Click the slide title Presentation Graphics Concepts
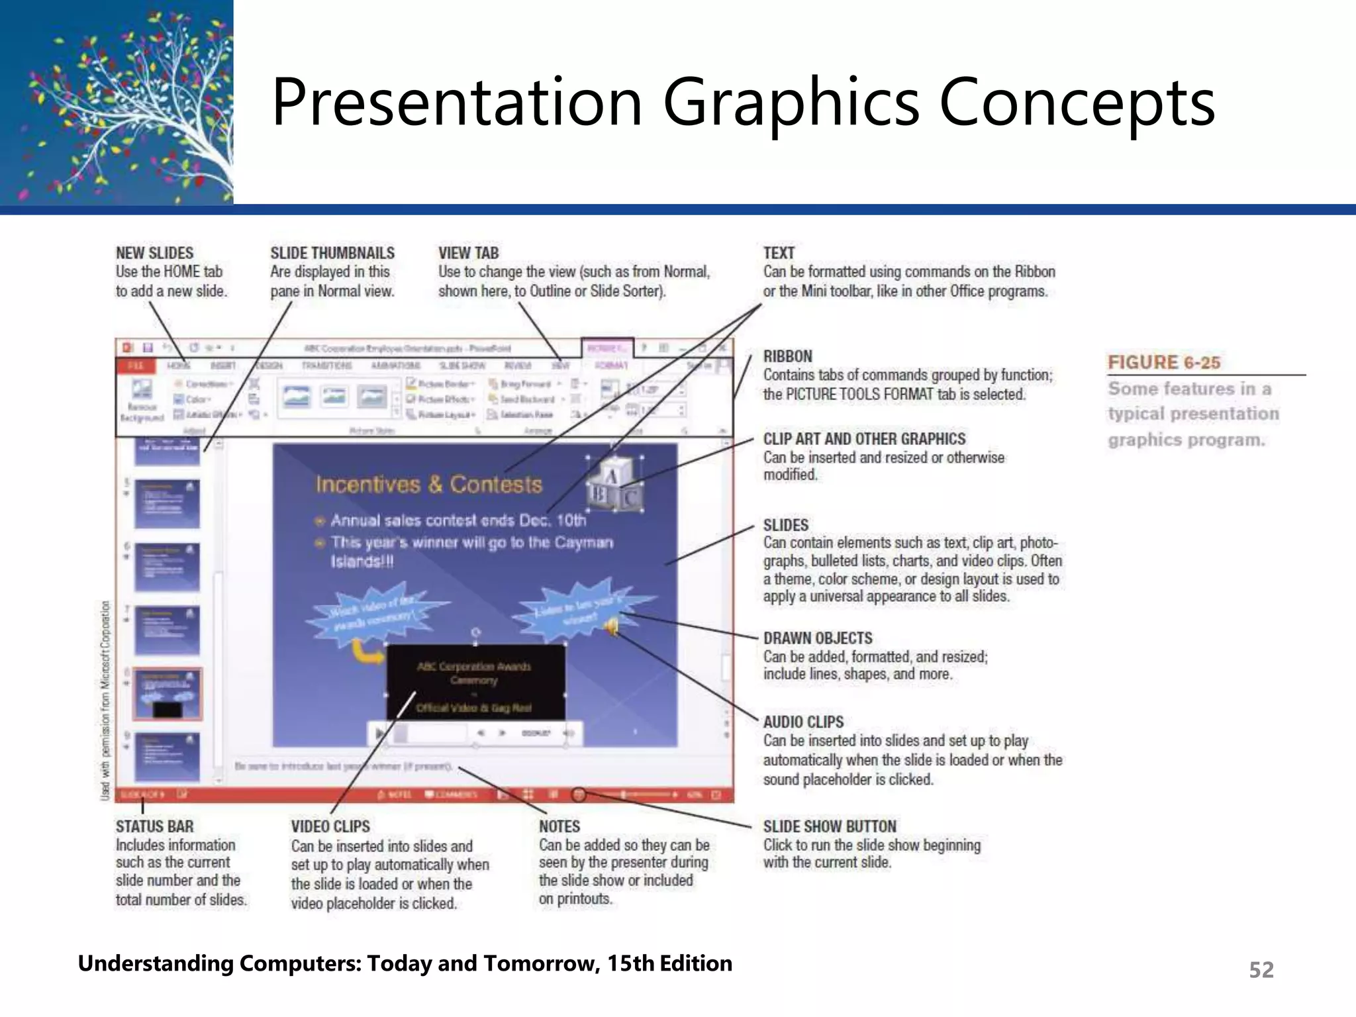[x=743, y=102]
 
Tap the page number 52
[x=1261, y=969]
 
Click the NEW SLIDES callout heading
[x=155, y=253]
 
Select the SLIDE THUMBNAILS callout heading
[x=332, y=253]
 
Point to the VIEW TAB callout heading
[x=468, y=253]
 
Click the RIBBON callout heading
[x=787, y=356]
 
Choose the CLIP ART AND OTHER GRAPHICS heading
[x=864, y=439]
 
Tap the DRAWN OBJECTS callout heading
[x=818, y=638]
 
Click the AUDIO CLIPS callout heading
[x=803, y=722]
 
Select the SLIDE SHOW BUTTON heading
[x=829, y=826]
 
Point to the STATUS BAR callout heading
[x=154, y=826]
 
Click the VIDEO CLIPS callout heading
[x=330, y=826]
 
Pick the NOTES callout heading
[x=559, y=826]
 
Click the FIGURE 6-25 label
[x=1163, y=363]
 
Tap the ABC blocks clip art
[x=614, y=486]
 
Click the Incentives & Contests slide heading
[x=428, y=485]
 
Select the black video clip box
[x=475, y=682]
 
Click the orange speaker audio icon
[x=612, y=624]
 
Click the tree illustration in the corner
[x=117, y=102]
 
